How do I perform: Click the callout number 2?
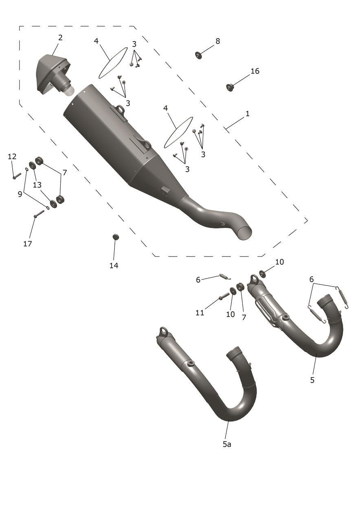point(60,37)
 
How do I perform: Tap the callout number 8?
point(217,41)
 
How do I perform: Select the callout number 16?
point(255,71)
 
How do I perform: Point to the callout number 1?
point(248,113)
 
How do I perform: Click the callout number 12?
point(12,156)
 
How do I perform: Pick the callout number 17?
point(28,244)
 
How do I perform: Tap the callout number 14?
point(114,265)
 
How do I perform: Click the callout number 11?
point(200,313)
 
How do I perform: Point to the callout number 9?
point(20,194)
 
